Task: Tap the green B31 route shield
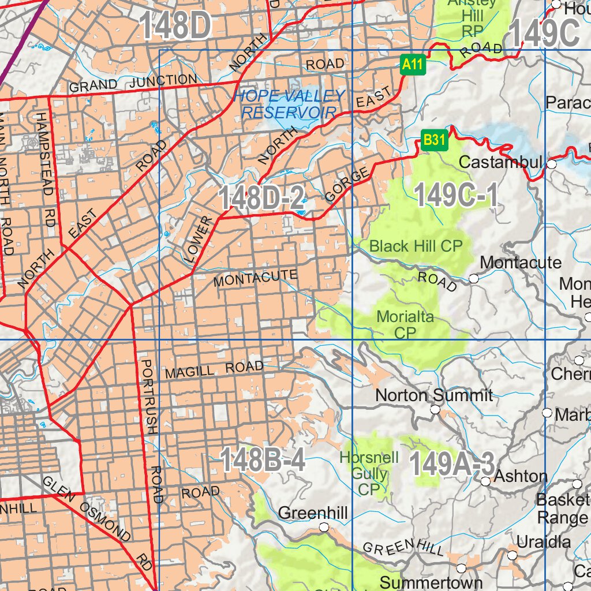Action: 434,140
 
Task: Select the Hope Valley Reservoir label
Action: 289,104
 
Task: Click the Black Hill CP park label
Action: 416,246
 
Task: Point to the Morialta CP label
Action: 405,324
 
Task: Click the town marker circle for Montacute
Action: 474,279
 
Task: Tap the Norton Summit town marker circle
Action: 435,409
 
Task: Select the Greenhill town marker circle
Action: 324,527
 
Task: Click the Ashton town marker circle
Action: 486,481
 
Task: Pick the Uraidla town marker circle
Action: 513,555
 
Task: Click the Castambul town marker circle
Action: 552,164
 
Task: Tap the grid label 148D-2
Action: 261,198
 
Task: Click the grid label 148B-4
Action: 263,460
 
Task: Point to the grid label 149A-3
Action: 452,465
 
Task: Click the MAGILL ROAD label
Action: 214,370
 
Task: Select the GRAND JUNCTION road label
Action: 133,84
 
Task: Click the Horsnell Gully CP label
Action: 369,473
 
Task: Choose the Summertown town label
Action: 431,582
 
